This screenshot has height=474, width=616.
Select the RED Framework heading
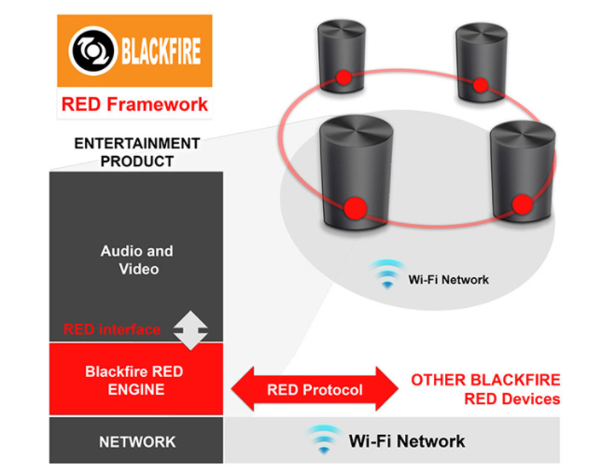click(134, 104)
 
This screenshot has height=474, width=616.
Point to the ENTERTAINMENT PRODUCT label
click(136, 152)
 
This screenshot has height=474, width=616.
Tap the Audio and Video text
click(136, 260)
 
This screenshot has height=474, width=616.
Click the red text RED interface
click(112, 329)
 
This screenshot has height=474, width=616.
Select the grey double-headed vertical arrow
click(190, 330)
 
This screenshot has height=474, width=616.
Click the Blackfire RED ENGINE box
click(134, 381)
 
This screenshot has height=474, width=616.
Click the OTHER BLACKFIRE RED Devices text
click(485, 389)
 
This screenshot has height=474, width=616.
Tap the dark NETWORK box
click(136, 441)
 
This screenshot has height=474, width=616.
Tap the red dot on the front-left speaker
click(354, 208)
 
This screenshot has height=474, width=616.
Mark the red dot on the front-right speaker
click(522, 203)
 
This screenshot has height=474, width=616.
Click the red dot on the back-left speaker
click(343, 77)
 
